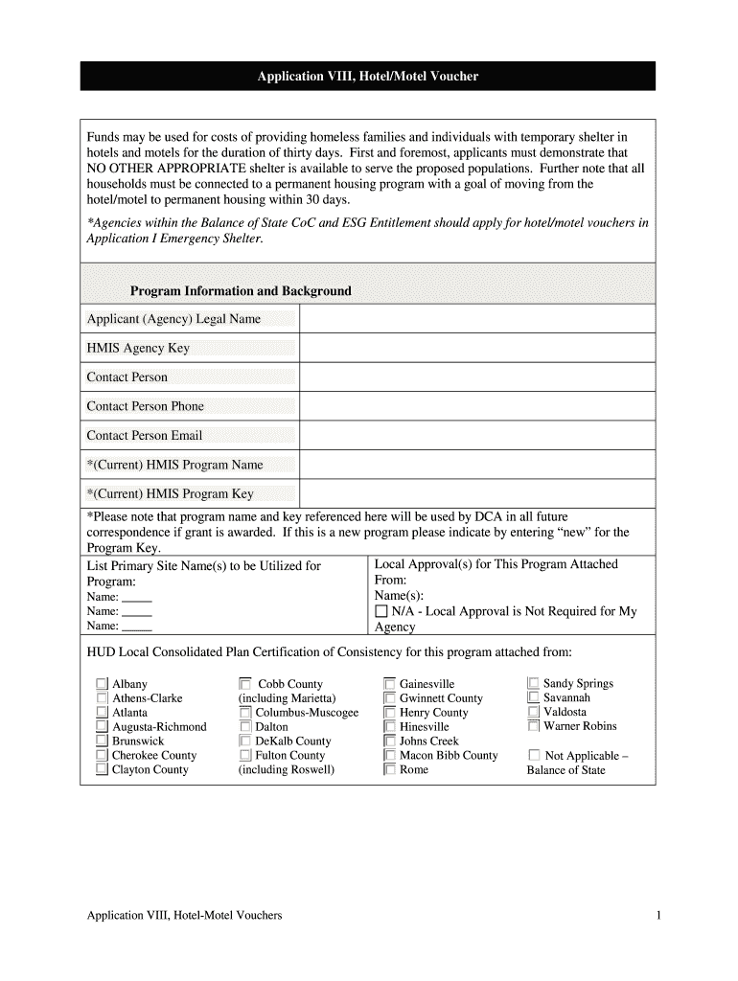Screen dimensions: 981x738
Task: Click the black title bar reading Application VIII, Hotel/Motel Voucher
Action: pyautogui.click(x=367, y=76)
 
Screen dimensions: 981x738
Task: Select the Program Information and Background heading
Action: pyautogui.click(x=241, y=290)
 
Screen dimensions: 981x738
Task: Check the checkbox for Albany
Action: pyautogui.click(x=102, y=684)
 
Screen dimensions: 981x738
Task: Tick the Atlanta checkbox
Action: pyautogui.click(x=102, y=713)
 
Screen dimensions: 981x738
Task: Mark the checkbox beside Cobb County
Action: pyautogui.click(x=245, y=684)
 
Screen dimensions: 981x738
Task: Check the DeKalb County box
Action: pyautogui.click(x=245, y=741)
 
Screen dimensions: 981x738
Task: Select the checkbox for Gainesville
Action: pyautogui.click(x=389, y=684)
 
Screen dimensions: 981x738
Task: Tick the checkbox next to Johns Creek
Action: pyautogui.click(x=389, y=741)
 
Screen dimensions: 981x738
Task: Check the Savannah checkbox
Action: pyautogui.click(x=534, y=698)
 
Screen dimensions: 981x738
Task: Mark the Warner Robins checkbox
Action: pyautogui.click(x=534, y=726)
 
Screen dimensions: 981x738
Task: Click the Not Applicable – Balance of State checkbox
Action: pyautogui.click(x=534, y=756)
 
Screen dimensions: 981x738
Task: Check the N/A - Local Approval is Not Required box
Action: pyautogui.click(x=381, y=611)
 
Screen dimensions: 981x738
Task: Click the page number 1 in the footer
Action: pyautogui.click(x=659, y=916)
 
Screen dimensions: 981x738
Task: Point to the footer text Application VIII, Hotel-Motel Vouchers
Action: pyautogui.click(x=184, y=916)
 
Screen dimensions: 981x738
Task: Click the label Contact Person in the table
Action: pyautogui.click(x=127, y=377)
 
